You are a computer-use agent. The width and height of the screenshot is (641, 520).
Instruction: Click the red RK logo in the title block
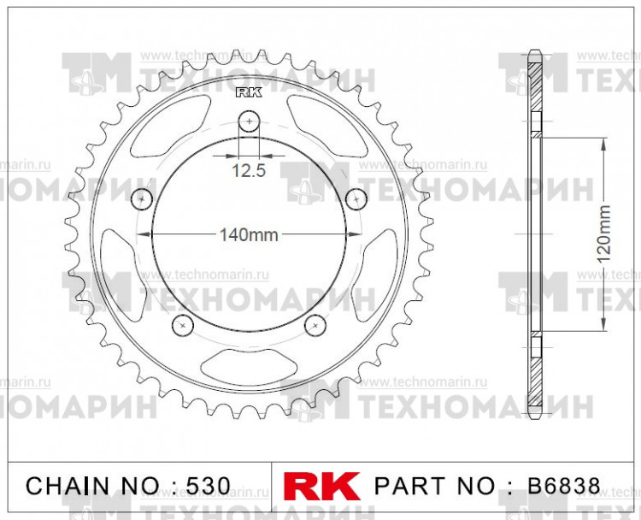click(321, 486)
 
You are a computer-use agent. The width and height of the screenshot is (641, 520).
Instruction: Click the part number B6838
click(562, 486)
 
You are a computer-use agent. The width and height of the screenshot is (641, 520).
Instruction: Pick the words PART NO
click(435, 486)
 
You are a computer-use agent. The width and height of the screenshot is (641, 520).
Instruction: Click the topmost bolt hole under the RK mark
click(249, 121)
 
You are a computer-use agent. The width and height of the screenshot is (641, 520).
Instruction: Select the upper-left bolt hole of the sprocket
click(142, 198)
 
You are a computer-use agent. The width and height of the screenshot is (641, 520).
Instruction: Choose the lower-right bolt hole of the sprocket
click(315, 324)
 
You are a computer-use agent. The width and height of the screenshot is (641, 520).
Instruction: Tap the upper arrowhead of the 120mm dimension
click(604, 144)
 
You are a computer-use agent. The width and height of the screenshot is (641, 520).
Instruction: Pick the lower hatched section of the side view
click(535, 376)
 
